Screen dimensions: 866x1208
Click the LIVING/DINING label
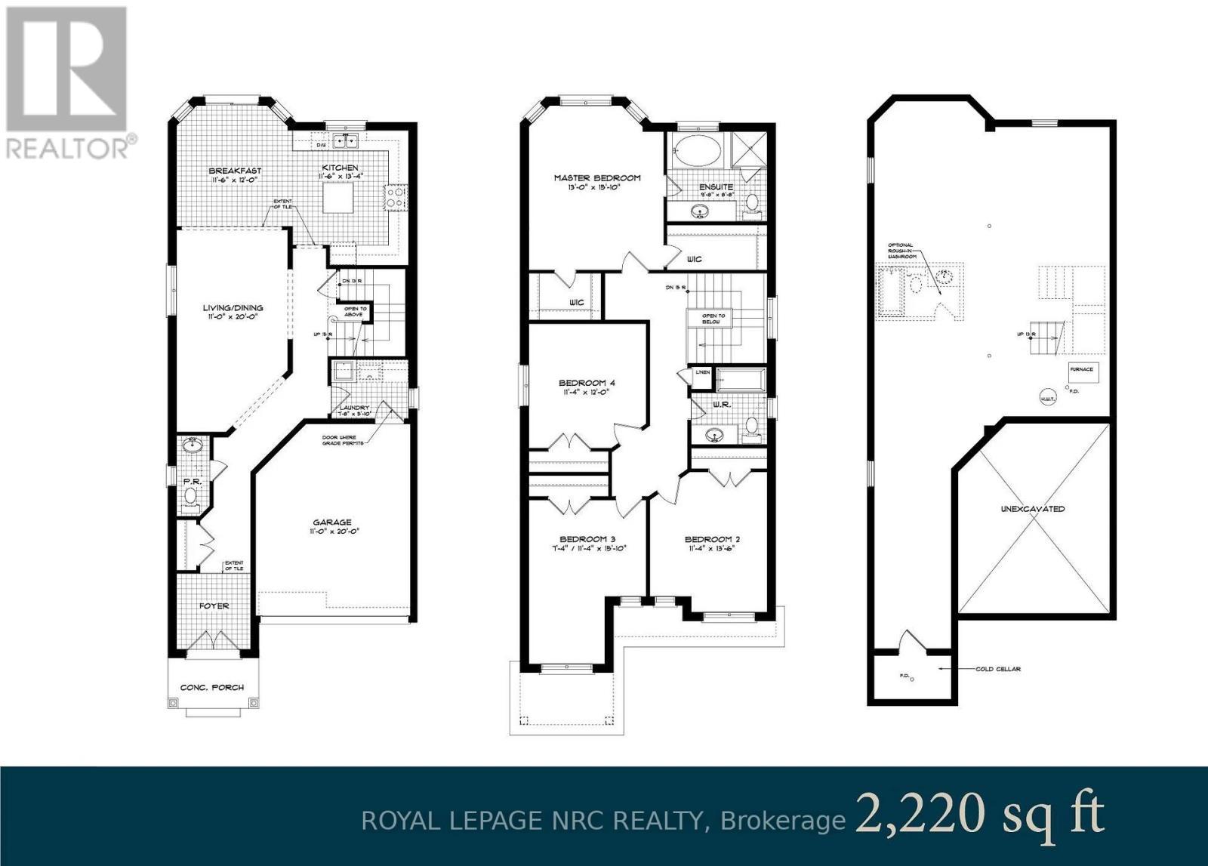(233, 307)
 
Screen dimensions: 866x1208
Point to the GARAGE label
(333, 522)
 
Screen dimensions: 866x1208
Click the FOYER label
(214, 606)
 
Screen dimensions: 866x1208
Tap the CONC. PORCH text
(212, 687)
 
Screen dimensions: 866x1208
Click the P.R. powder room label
(190, 480)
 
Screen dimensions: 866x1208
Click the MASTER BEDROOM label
(596, 178)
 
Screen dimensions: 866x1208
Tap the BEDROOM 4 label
(587, 383)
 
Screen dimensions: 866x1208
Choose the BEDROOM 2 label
(712, 539)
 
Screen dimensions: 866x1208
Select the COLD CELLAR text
(997, 668)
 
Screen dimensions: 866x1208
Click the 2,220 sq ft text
(979, 815)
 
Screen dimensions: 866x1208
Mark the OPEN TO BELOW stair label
(713, 319)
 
